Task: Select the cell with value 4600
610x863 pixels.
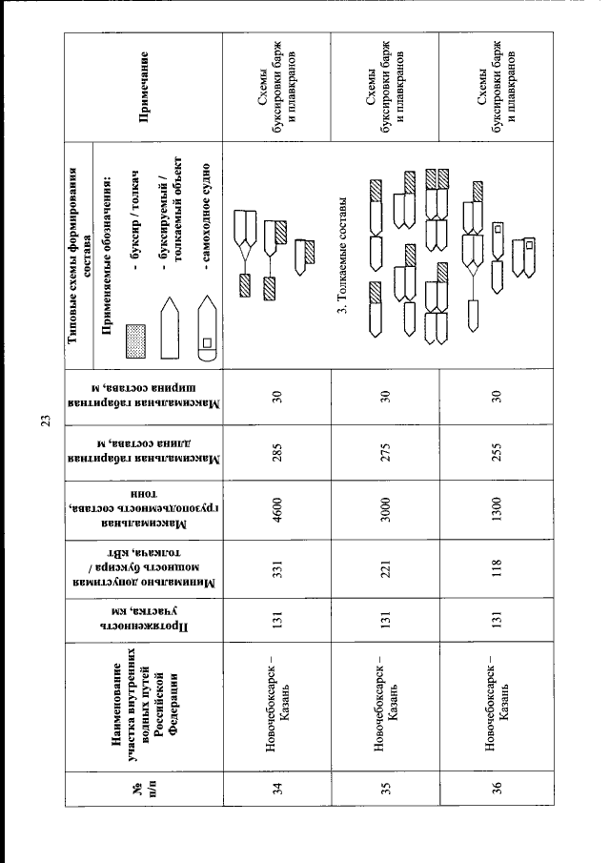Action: coord(276,509)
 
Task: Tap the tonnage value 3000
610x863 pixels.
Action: coord(385,509)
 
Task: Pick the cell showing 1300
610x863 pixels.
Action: coord(497,509)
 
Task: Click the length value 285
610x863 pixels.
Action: coord(276,452)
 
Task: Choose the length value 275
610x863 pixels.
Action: coord(385,452)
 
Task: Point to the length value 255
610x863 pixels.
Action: coord(497,452)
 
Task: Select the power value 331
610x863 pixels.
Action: coord(276,568)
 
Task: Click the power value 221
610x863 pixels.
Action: coord(385,568)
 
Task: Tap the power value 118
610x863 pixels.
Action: coord(497,568)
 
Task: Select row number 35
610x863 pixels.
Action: coord(386,789)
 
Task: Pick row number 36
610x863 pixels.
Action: coord(497,789)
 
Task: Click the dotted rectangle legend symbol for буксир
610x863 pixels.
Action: coord(136,341)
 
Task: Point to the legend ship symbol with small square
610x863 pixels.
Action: coord(208,329)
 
